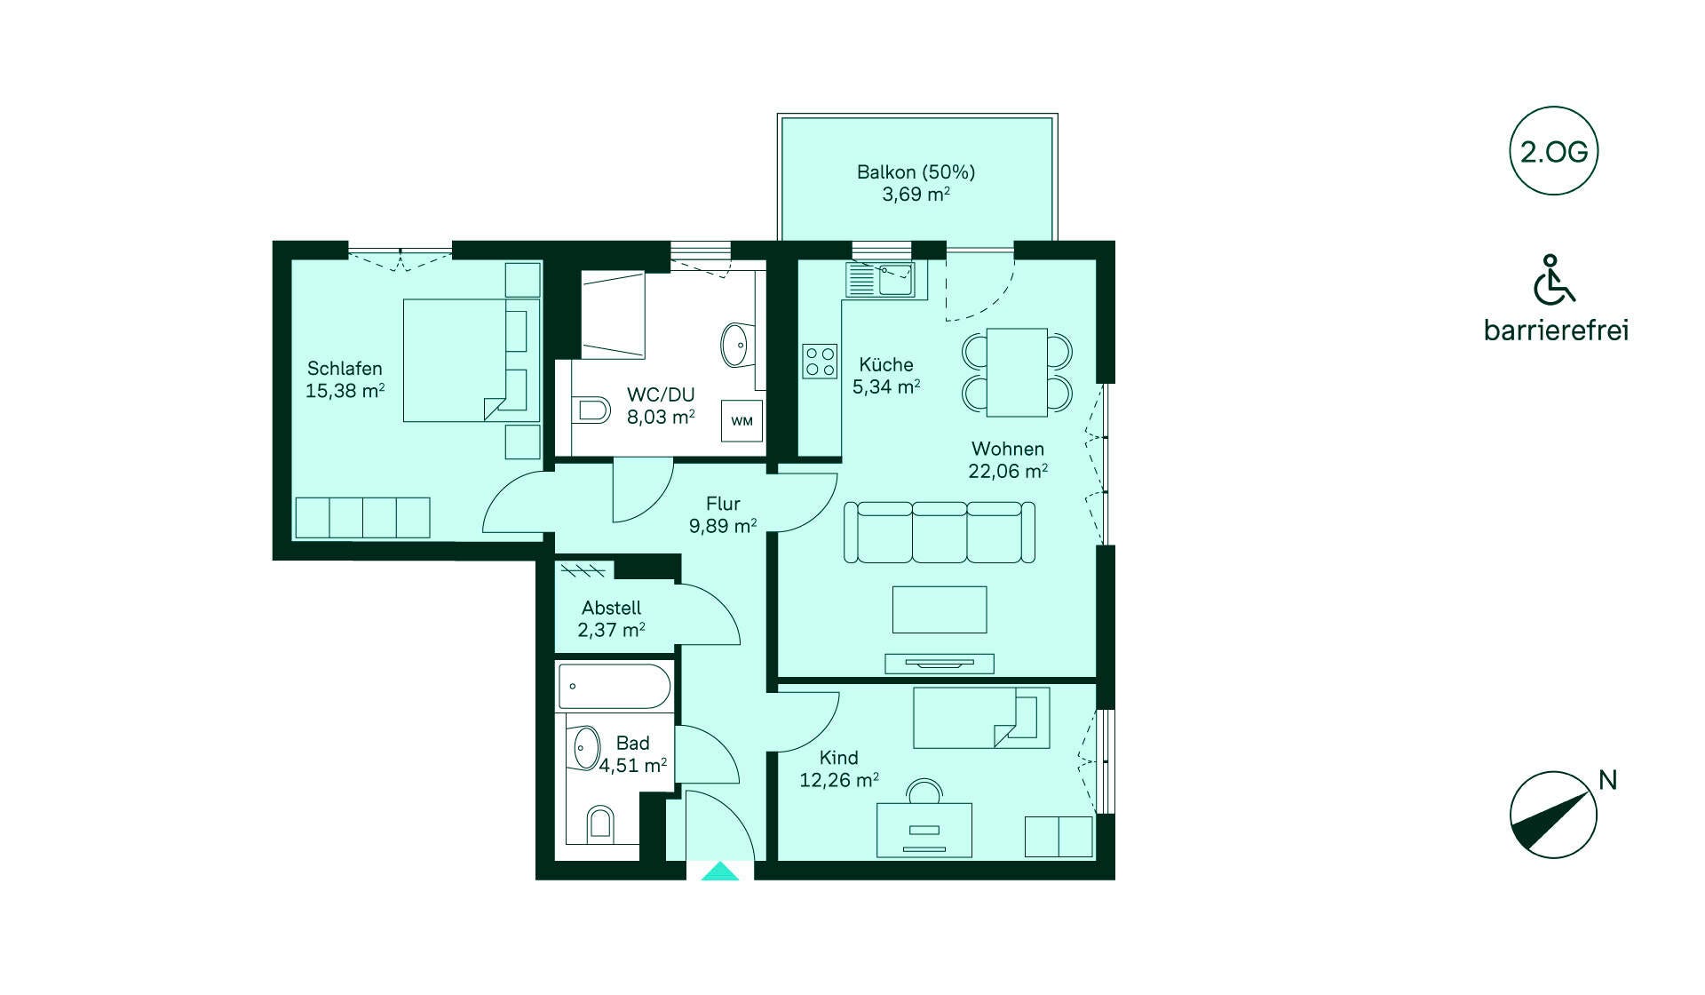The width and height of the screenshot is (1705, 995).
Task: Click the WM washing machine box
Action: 741,421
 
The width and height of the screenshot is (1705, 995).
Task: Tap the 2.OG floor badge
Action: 1553,151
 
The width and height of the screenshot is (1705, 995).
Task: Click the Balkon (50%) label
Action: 916,171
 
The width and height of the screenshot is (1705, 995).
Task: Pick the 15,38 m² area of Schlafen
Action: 345,391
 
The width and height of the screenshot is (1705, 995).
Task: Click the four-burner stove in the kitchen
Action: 820,362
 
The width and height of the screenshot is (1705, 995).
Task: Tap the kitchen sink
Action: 880,280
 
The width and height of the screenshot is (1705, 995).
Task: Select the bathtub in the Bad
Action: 614,686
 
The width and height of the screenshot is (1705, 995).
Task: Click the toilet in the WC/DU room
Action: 592,410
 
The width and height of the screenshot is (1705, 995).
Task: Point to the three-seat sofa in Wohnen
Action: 940,532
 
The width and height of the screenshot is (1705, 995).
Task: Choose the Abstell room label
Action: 611,608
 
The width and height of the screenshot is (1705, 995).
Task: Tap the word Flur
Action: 723,504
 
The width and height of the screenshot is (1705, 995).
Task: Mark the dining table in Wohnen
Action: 1017,372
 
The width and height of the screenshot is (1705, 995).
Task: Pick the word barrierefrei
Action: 1556,330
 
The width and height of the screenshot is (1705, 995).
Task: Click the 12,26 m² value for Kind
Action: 839,780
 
